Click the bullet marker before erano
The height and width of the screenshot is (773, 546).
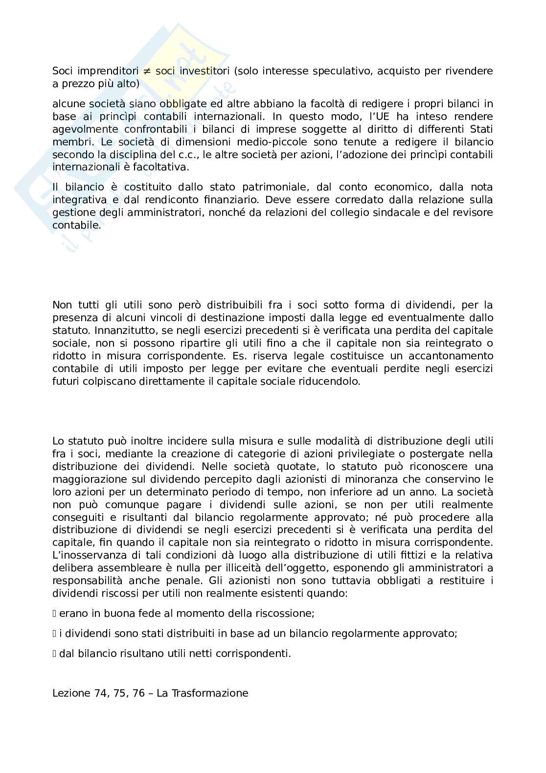(55, 613)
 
